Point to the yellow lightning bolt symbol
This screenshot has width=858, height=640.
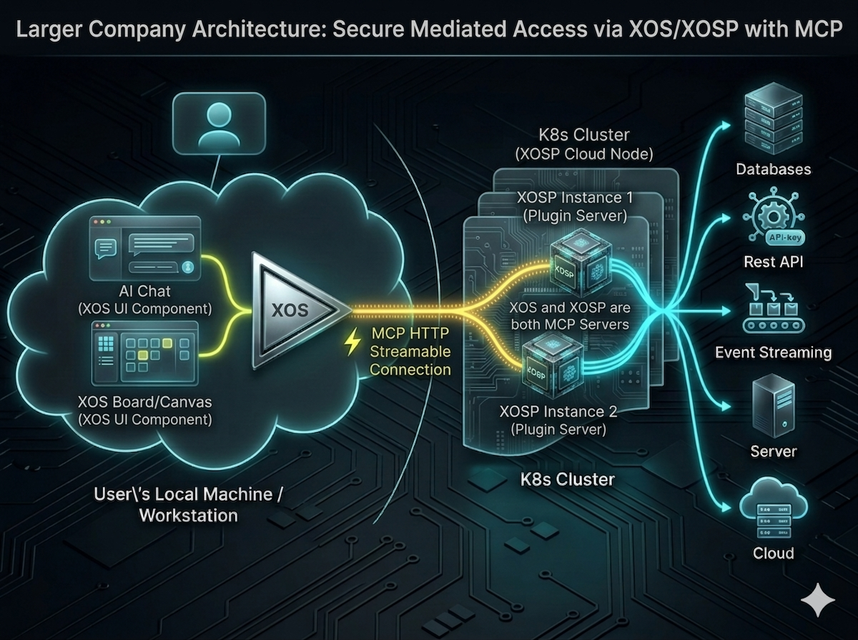pyautogui.click(x=352, y=343)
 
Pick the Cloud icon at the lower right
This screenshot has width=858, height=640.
pyautogui.click(x=772, y=511)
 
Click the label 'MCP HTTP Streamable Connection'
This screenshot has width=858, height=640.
pyautogui.click(x=410, y=351)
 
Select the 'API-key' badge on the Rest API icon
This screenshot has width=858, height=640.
pyautogui.click(x=784, y=237)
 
